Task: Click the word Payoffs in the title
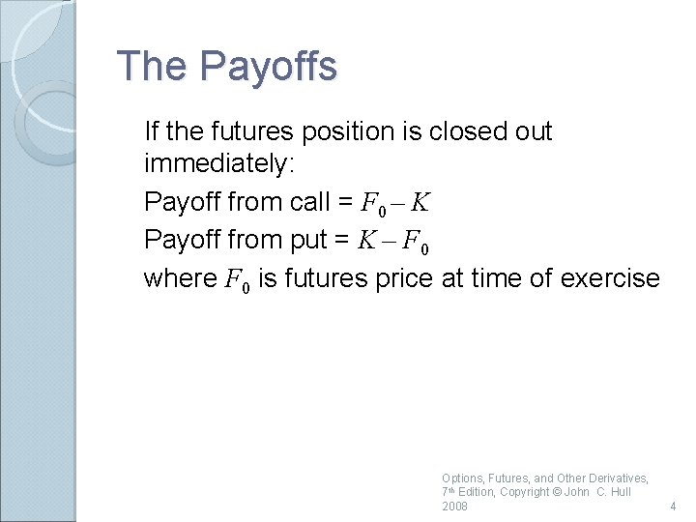point(268,67)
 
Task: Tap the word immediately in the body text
point(217,166)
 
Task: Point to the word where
point(181,278)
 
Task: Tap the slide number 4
point(673,507)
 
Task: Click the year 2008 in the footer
point(454,507)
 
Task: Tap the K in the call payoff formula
point(420,203)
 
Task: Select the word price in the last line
point(405,278)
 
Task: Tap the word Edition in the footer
point(478,492)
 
